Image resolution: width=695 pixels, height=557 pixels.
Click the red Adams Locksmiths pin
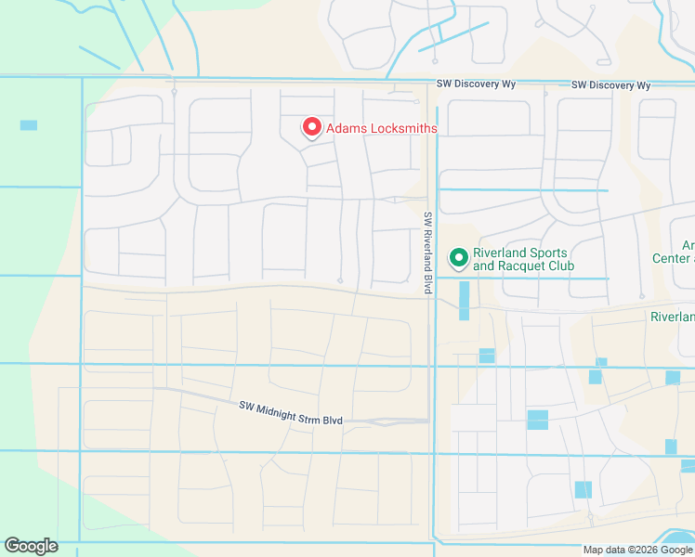pyautogui.click(x=311, y=127)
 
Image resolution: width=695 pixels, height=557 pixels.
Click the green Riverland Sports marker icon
pyautogui.click(x=457, y=256)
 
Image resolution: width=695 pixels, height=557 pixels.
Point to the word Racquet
pyautogui.click(x=527, y=266)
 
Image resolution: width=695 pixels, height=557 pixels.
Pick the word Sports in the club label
pyautogui.click(x=546, y=253)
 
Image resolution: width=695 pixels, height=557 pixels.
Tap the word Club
pyautogui.click(x=560, y=266)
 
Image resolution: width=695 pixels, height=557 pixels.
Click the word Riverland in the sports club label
pyautogui.click(x=500, y=253)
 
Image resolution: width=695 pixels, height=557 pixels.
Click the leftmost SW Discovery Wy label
pyautogui.click(x=477, y=84)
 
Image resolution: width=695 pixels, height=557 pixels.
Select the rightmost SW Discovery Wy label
pyautogui.click(x=610, y=84)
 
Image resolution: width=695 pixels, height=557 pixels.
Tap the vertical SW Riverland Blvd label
pyautogui.click(x=428, y=253)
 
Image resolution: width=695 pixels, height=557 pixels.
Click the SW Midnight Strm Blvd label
pyautogui.click(x=291, y=413)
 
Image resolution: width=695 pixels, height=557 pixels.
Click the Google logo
pyautogui.click(x=31, y=546)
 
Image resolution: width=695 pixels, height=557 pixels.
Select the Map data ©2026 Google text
pyautogui.click(x=638, y=550)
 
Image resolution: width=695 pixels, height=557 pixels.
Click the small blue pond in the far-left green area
pyautogui.click(x=29, y=124)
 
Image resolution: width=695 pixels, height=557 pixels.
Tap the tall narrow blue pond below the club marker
pyautogui.click(x=464, y=301)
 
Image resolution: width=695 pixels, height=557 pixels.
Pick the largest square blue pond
pyautogui.click(x=537, y=420)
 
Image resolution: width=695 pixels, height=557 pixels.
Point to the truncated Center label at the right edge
pyautogui.click(x=674, y=258)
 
